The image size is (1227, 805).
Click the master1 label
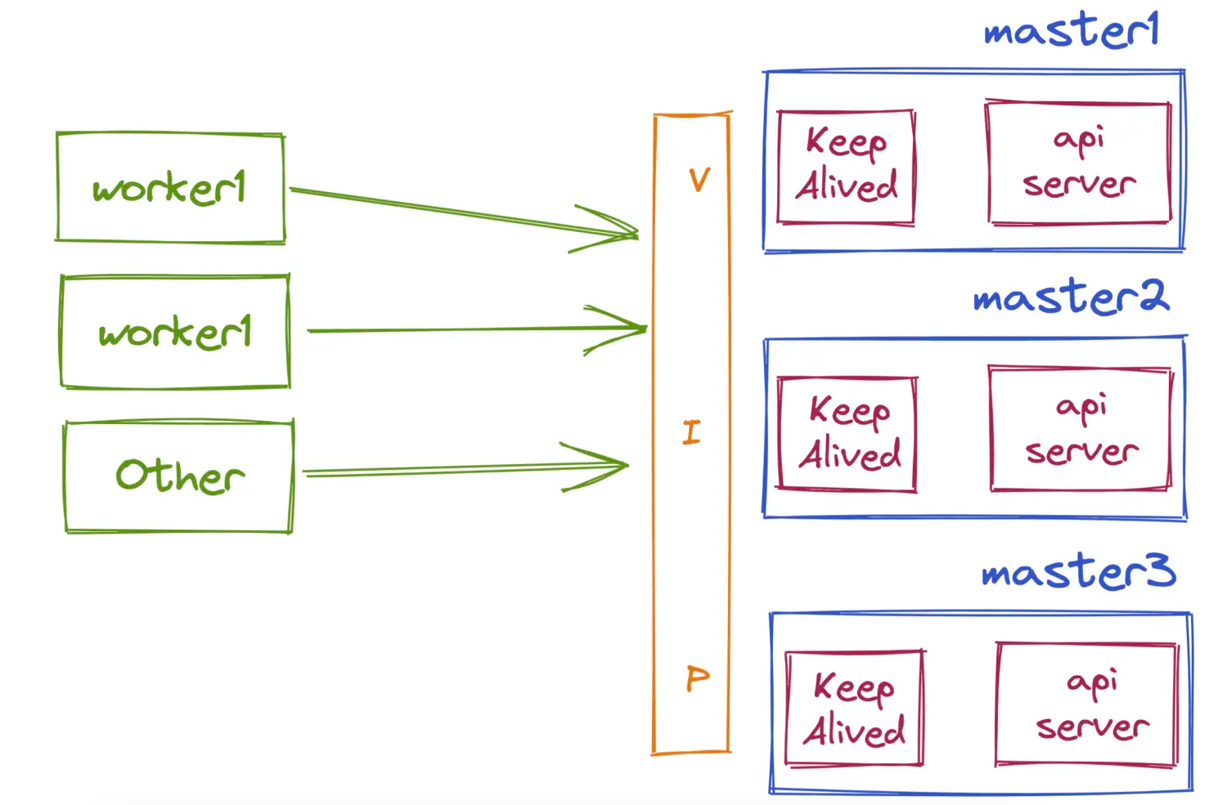tap(1071, 31)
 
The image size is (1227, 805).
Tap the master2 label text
tap(1071, 297)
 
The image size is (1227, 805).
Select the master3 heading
tap(1078, 571)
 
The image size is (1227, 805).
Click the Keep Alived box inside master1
tap(846, 167)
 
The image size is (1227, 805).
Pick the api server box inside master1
tap(1078, 163)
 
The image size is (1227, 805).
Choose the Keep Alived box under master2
tap(847, 434)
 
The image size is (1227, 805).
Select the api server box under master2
tap(1081, 428)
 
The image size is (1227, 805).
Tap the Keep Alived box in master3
tap(854, 709)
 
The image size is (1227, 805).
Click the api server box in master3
tap(1087, 704)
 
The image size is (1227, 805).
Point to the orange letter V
tap(699, 180)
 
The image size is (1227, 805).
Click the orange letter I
tap(691, 432)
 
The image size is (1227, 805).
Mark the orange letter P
tap(697, 678)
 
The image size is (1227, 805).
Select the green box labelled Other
tap(178, 476)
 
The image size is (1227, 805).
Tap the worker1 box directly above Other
tap(174, 332)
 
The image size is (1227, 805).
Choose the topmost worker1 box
tap(170, 188)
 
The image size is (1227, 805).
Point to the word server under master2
tap(1081, 451)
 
